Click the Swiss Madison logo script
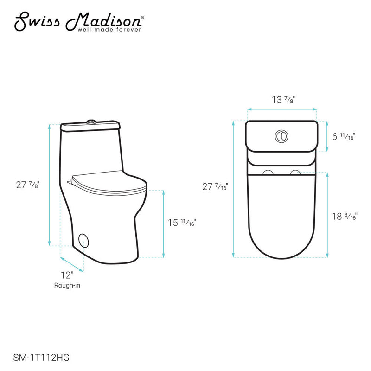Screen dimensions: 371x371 tap(79, 21)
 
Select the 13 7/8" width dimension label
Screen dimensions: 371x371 tap(282, 99)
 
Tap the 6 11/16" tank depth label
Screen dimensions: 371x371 tap(344, 136)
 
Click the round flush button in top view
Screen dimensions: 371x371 tap(281, 136)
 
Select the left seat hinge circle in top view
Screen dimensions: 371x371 tap(268, 173)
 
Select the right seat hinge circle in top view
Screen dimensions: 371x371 tap(295, 173)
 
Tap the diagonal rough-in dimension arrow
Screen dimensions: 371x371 tap(72, 263)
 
